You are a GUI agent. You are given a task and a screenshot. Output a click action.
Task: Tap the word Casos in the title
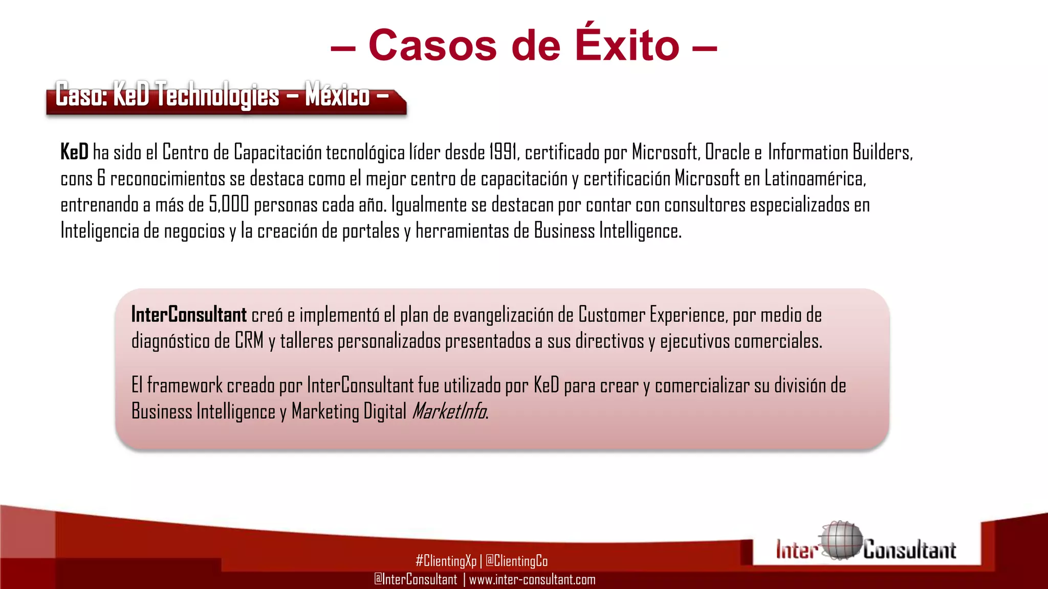click(432, 46)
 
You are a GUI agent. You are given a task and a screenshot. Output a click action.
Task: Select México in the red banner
click(337, 95)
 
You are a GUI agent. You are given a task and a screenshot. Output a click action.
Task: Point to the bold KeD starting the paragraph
click(74, 152)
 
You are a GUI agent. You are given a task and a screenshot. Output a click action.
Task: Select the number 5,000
click(229, 205)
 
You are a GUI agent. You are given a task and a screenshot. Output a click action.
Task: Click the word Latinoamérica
click(815, 178)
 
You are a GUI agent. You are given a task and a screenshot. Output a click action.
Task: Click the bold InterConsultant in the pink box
click(189, 314)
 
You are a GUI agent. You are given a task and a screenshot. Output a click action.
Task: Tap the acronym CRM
click(249, 341)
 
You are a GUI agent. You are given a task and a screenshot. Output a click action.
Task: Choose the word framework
click(185, 385)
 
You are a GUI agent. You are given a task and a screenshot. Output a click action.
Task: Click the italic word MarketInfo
click(449, 411)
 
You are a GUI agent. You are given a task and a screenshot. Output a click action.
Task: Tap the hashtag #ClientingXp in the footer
click(446, 561)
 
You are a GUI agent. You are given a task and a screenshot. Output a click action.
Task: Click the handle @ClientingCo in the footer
click(516, 561)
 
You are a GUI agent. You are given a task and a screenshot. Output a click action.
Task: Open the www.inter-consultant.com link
click(532, 579)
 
